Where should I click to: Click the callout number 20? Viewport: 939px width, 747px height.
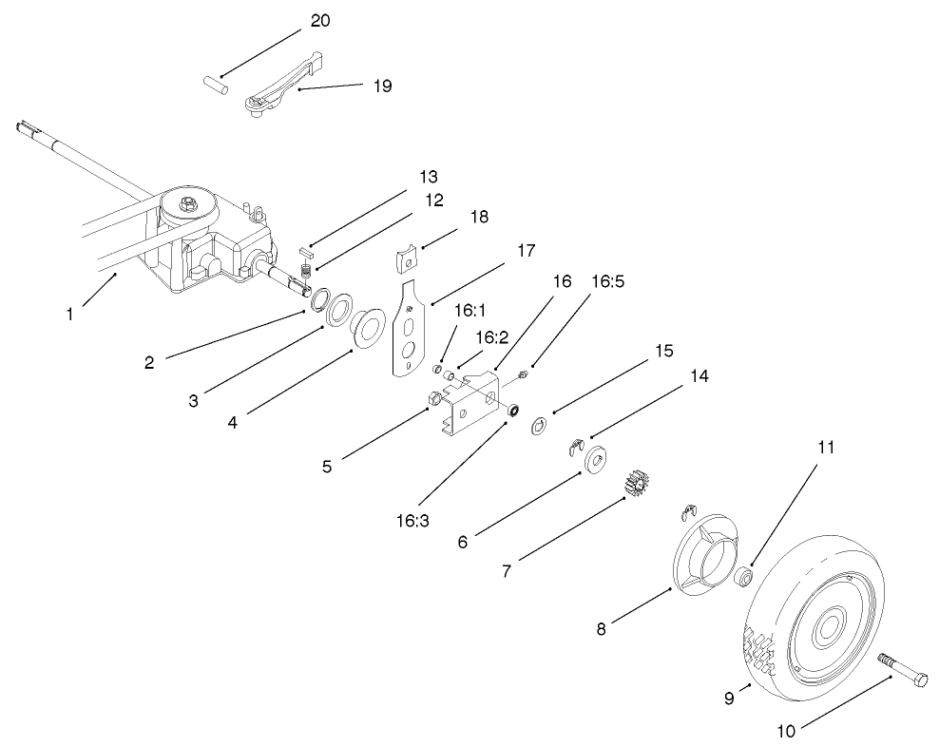[x=320, y=21]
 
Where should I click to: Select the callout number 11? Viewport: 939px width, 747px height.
[x=826, y=448]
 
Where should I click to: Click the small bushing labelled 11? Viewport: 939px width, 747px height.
[x=746, y=576]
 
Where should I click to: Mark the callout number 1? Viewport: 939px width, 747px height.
[x=69, y=315]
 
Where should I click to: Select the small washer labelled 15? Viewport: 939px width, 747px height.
[x=538, y=424]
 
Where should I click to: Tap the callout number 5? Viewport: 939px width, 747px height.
[x=327, y=466]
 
